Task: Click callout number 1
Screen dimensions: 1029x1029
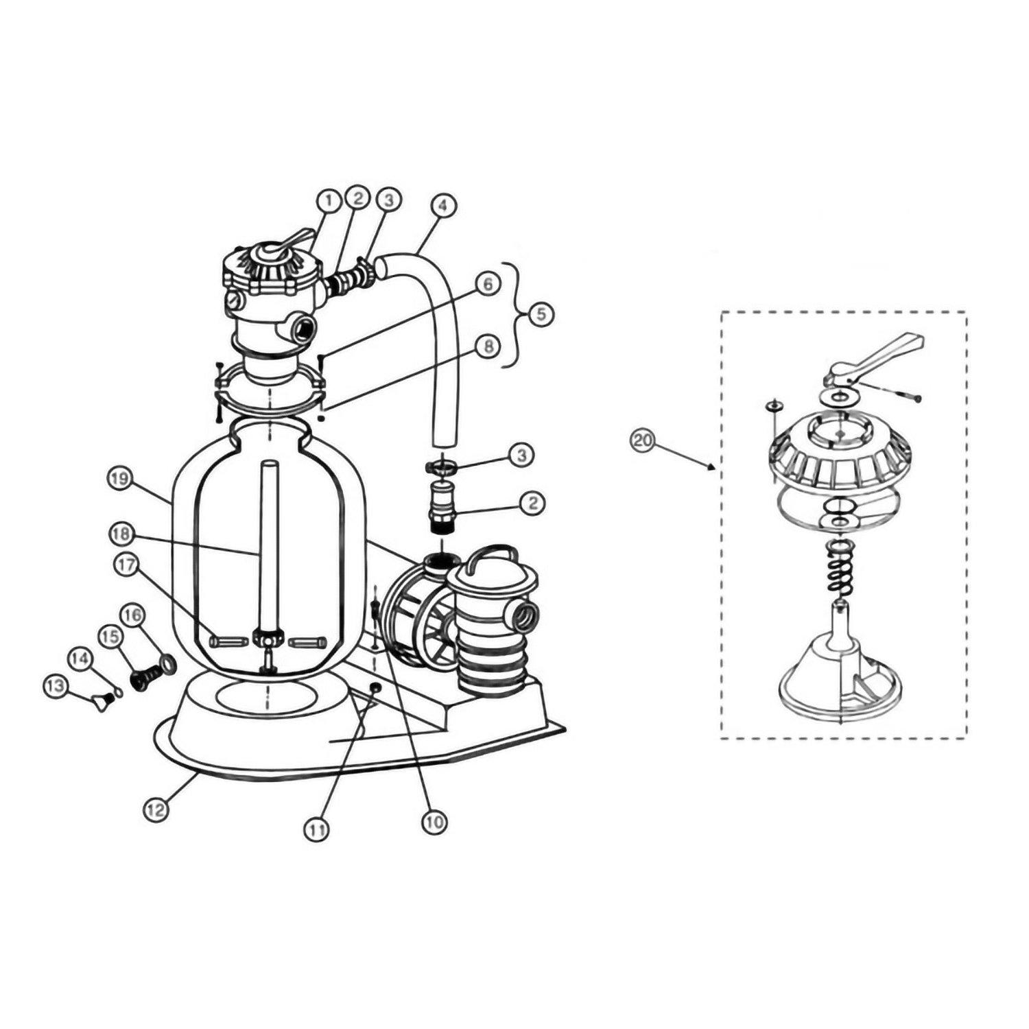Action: pos(329,201)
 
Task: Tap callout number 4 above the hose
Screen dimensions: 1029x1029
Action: pos(443,205)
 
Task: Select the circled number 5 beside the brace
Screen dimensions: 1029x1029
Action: pos(541,315)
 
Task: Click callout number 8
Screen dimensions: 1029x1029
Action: pos(488,347)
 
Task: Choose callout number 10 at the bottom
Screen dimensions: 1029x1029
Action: pos(435,822)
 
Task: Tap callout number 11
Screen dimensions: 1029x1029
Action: pos(317,829)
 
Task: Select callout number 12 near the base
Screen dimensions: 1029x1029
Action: pos(156,809)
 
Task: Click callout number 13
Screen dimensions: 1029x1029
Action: pos(56,685)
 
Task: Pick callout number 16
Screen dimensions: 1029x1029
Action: pos(132,615)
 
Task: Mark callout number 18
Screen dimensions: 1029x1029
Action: pos(120,534)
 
